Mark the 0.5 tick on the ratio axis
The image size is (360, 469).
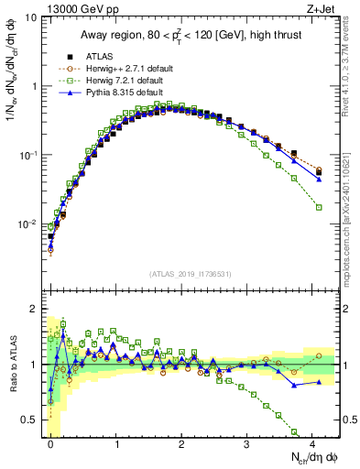[x=29, y=420]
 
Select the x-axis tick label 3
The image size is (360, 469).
[x=247, y=444]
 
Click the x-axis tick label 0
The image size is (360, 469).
[x=50, y=444]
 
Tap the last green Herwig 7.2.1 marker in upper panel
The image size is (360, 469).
[x=319, y=208]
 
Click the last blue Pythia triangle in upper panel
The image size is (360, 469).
[x=319, y=179]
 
